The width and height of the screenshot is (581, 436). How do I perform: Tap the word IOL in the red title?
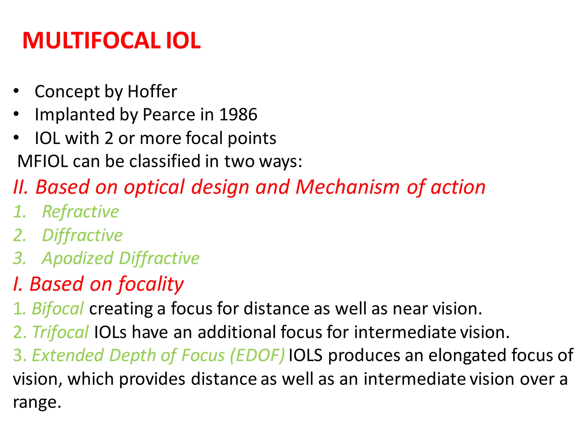tap(183, 41)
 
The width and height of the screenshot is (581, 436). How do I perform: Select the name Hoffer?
tap(152, 91)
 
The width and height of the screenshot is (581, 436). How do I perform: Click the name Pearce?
tap(169, 114)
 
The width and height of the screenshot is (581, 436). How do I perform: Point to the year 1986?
tap(238, 114)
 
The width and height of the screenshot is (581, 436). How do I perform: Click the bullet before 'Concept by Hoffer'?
tap(16, 91)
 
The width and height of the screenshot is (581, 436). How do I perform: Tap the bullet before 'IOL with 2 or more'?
tap(16, 138)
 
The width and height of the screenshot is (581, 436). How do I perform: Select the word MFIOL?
tap(43, 161)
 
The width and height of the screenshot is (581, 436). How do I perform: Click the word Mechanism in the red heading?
tap(348, 187)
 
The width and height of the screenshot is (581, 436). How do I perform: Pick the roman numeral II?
tap(20, 187)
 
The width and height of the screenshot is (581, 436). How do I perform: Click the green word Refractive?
tap(81, 212)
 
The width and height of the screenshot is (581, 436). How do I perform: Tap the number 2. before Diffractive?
tap(19, 235)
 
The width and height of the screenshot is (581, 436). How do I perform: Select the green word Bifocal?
tap(58, 309)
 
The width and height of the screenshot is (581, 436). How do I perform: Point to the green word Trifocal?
tap(60, 332)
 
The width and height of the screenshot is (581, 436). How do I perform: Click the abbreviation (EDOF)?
tap(257, 355)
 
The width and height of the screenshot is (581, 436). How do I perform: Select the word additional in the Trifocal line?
tap(237, 332)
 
